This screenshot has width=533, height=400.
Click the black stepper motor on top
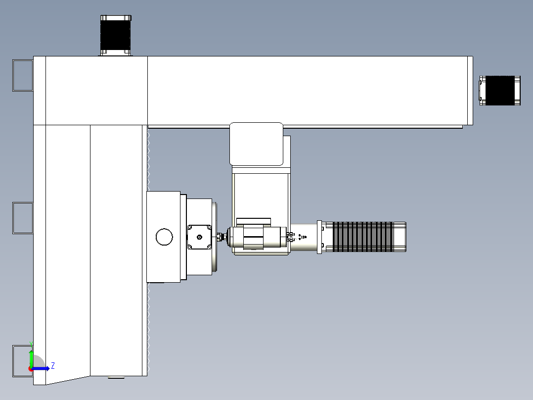[116, 35]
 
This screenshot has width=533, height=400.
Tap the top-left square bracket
[22, 75]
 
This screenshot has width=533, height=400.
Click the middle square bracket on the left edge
[22, 218]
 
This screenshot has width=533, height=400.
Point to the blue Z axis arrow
[42, 368]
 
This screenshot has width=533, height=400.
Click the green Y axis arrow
[31, 356]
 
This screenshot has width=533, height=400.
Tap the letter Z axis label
[53, 366]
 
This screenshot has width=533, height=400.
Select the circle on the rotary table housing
[164, 237]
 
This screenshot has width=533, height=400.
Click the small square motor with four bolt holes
[200, 237]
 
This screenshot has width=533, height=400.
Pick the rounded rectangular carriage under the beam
[256, 144]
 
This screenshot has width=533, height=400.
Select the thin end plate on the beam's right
[470, 91]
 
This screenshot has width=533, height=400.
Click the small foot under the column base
[116, 378]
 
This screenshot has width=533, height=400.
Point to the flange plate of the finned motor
[319, 237]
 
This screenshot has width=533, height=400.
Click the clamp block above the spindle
[254, 220]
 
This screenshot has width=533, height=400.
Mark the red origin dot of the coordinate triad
[30, 369]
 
